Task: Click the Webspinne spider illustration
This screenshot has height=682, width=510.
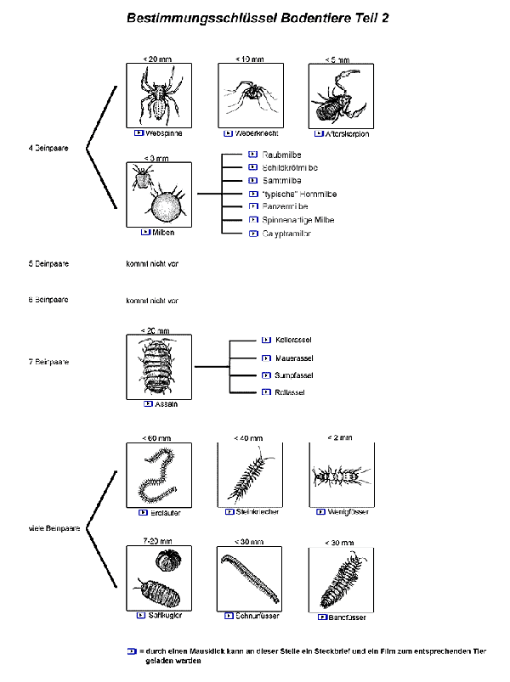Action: coord(159,95)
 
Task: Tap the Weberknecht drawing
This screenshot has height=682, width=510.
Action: coord(249,95)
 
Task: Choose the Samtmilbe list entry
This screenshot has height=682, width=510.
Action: coord(282,181)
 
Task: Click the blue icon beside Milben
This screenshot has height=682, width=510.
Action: coord(145,232)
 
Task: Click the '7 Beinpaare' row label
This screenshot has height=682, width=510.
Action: coord(48,362)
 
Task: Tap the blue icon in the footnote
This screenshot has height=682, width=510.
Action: coord(131,651)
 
